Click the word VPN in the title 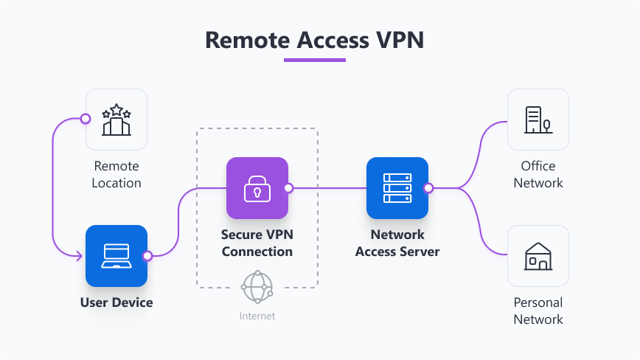400,39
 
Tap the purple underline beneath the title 315,60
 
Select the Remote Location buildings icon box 116,120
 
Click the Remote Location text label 116,174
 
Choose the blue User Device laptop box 116,255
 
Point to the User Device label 116,302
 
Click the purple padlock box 257,188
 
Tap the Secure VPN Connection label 257,243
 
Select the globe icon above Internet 257,287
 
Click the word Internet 257,316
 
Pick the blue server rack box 397,188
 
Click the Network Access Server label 397,243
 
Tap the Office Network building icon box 538,120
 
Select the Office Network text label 538,174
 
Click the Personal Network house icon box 538,255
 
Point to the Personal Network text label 538,311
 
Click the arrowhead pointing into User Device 80,255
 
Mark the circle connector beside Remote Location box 86,119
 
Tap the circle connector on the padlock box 288,188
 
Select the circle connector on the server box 428,188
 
